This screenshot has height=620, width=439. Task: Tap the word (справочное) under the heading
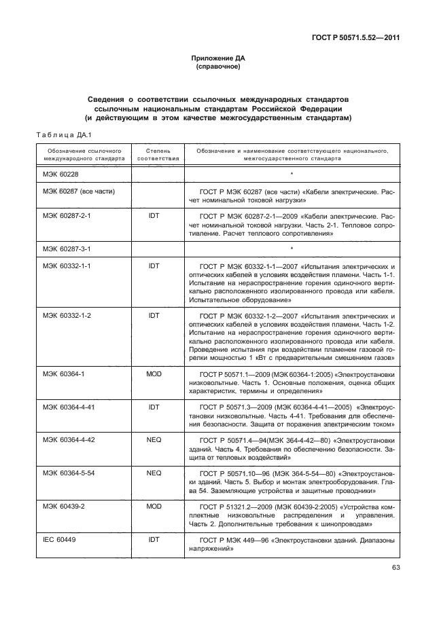pos(219,68)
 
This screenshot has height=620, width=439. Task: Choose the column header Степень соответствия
pos(158,153)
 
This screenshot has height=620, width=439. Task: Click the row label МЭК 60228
pos(61,175)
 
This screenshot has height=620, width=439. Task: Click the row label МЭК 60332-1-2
pos(67,316)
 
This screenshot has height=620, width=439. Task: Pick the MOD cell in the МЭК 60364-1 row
pos(154,373)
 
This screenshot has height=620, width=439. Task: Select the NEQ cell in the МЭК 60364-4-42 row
pos(154,439)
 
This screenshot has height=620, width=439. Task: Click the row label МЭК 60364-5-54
pos(69,473)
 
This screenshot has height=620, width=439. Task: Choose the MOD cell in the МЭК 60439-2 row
pos(154,506)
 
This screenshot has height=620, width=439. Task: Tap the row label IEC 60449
pos(60,539)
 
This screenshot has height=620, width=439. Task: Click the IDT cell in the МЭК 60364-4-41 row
pos(154,407)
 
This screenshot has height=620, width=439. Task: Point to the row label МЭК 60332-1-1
pos(67,266)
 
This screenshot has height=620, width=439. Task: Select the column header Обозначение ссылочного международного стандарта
pos(82,153)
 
